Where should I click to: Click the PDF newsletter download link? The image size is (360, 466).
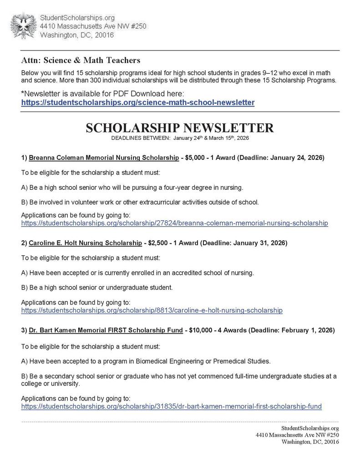click(137, 103)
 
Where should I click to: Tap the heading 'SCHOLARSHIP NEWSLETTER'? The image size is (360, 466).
click(180, 128)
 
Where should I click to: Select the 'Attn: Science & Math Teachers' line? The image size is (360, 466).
click(81, 60)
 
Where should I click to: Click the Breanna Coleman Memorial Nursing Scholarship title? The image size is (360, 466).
click(104, 158)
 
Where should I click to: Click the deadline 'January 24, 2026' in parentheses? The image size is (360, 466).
click(297, 158)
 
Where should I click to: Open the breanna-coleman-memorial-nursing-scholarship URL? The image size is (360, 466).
click(174, 223)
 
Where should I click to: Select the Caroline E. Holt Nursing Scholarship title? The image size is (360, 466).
click(85, 243)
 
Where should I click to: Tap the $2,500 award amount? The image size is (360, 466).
click(158, 243)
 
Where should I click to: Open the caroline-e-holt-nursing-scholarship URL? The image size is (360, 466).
click(152, 310)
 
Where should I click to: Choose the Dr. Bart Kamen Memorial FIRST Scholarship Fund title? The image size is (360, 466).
click(106, 329)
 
